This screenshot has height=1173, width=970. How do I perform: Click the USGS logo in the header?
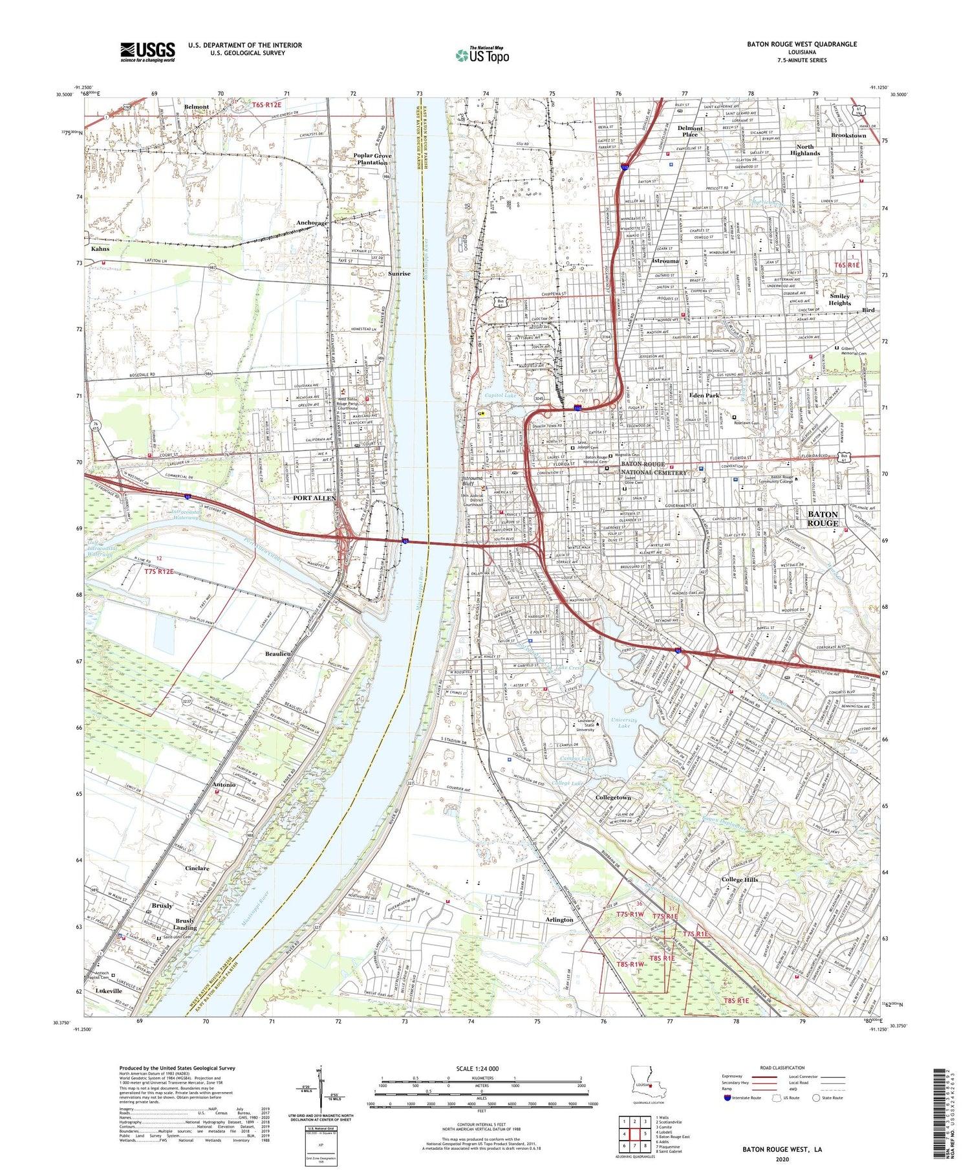[147, 52]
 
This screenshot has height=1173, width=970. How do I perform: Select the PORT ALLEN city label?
[314, 498]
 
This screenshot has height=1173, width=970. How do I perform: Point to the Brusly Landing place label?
[184, 924]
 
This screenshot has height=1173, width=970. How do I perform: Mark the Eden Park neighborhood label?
[704, 395]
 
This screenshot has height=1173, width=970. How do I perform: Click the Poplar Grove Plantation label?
[371, 159]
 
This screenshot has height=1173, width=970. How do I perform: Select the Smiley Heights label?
[839, 300]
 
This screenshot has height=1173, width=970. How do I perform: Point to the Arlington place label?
[559, 919]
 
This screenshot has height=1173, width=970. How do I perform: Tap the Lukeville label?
[108, 991]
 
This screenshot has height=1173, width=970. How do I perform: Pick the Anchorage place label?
[312, 223]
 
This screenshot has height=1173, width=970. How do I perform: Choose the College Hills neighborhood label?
[739, 880]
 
